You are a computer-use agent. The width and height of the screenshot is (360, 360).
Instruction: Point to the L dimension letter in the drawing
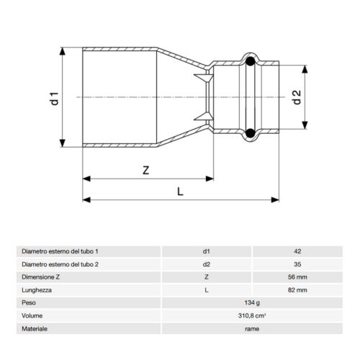pyautogui.click(x=179, y=191)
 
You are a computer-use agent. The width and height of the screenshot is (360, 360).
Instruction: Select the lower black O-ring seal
pyautogui.click(x=249, y=133)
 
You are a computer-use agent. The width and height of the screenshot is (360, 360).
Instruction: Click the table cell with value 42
pyautogui.click(x=297, y=251)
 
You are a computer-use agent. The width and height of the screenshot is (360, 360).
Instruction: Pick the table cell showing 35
pyautogui.click(x=297, y=264)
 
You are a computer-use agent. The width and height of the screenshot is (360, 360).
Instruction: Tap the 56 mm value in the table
pyautogui.click(x=297, y=277)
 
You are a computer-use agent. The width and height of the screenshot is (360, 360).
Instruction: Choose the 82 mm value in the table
pyautogui.click(x=297, y=290)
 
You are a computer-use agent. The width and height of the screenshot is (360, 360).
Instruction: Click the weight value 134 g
pyautogui.click(x=251, y=303)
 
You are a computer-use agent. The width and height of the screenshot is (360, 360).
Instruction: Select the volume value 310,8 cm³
pyautogui.click(x=251, y=316)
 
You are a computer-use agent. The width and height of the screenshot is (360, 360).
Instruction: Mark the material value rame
pyautogui.click(x=251, y=328)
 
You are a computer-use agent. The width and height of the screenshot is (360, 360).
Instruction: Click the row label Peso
pyautogui.click(x=30, y=303)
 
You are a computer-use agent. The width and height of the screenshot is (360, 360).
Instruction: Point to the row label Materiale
pyautogui.click(x=35, y=328)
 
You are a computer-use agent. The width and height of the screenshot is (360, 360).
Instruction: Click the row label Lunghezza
pyautogui.click(x=37, y=290)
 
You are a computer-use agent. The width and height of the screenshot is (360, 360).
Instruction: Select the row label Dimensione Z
pyautogui.click(x=42, y=277)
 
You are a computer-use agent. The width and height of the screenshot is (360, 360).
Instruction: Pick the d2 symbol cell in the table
pyautogui.click(x=206, y=264)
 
